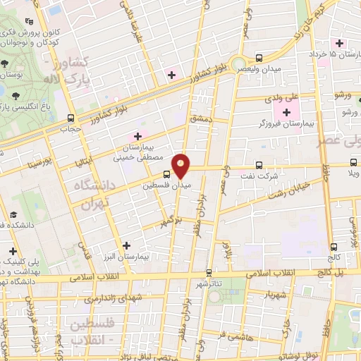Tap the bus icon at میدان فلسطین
166,173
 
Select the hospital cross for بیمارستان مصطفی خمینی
137,135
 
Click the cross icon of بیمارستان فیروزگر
286,113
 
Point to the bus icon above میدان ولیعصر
259,58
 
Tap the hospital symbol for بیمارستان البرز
126,245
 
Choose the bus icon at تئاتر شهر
208,272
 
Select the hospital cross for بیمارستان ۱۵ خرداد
340,42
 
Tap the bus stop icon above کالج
333,247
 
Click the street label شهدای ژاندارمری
114,298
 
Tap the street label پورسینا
35,164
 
